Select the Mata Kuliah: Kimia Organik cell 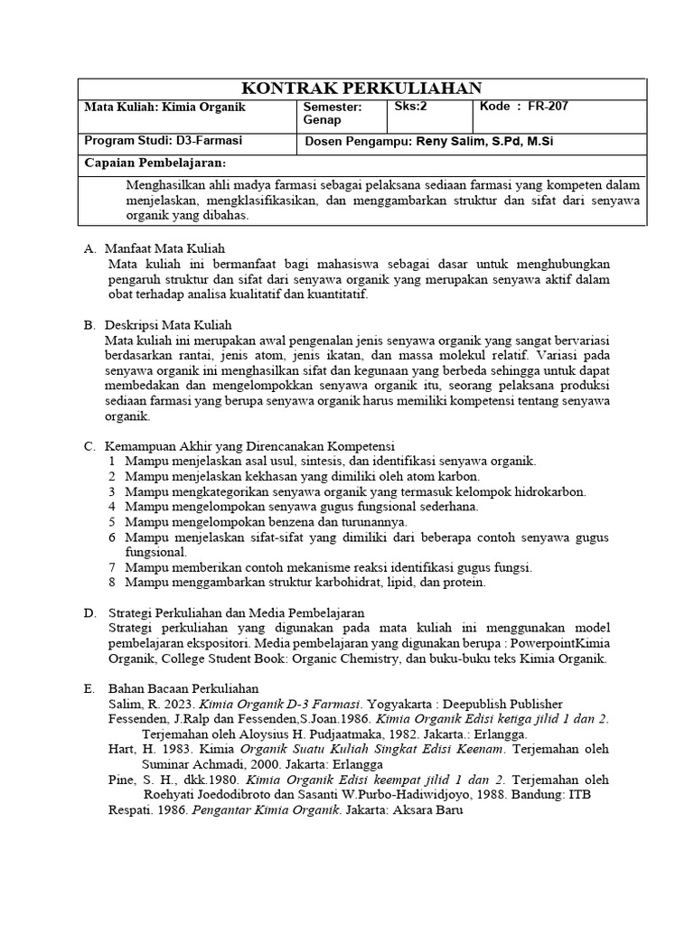[x=164, y=107]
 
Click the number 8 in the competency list [x=111, y=583]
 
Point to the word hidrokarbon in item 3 [x=550, y=491]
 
